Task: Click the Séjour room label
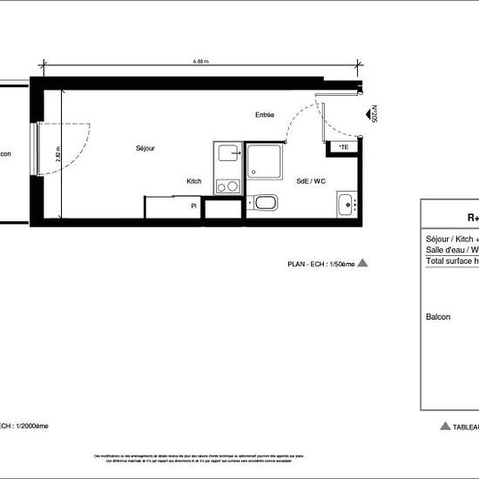click(145, 148)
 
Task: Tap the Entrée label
click(265, 115)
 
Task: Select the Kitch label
click(193, 181)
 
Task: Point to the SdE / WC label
click(310, 181)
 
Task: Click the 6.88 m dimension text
click(201, 62)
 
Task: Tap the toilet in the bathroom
click(265, 204)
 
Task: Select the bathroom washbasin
click(347, 206)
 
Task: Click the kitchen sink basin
click(228, 154)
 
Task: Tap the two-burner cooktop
click(226, 186)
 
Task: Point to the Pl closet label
click(193, 206)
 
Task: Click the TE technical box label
click(344, 147)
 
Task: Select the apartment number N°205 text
click(374, 116)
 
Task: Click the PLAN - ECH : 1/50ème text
click(321, 262)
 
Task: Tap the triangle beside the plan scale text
click(363, 261)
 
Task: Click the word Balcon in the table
click(438, 317)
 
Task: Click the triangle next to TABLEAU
click(445, 426)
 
